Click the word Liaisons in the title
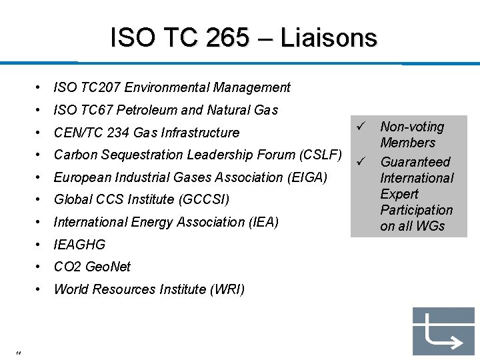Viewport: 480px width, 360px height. pyautogui.click(x=329, y=38)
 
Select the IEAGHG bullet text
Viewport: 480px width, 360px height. pyautogui.click(x=79, y=245)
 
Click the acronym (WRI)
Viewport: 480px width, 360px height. pyautogui.click(x=227, y=289)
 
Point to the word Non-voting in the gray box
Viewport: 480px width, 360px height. pyautogui.click(x=411, y=127)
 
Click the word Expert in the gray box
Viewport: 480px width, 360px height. pyautogui.click(x=399, y=194)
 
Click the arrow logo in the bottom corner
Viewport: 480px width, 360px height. pyautogui.click(x=443, y=331)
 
